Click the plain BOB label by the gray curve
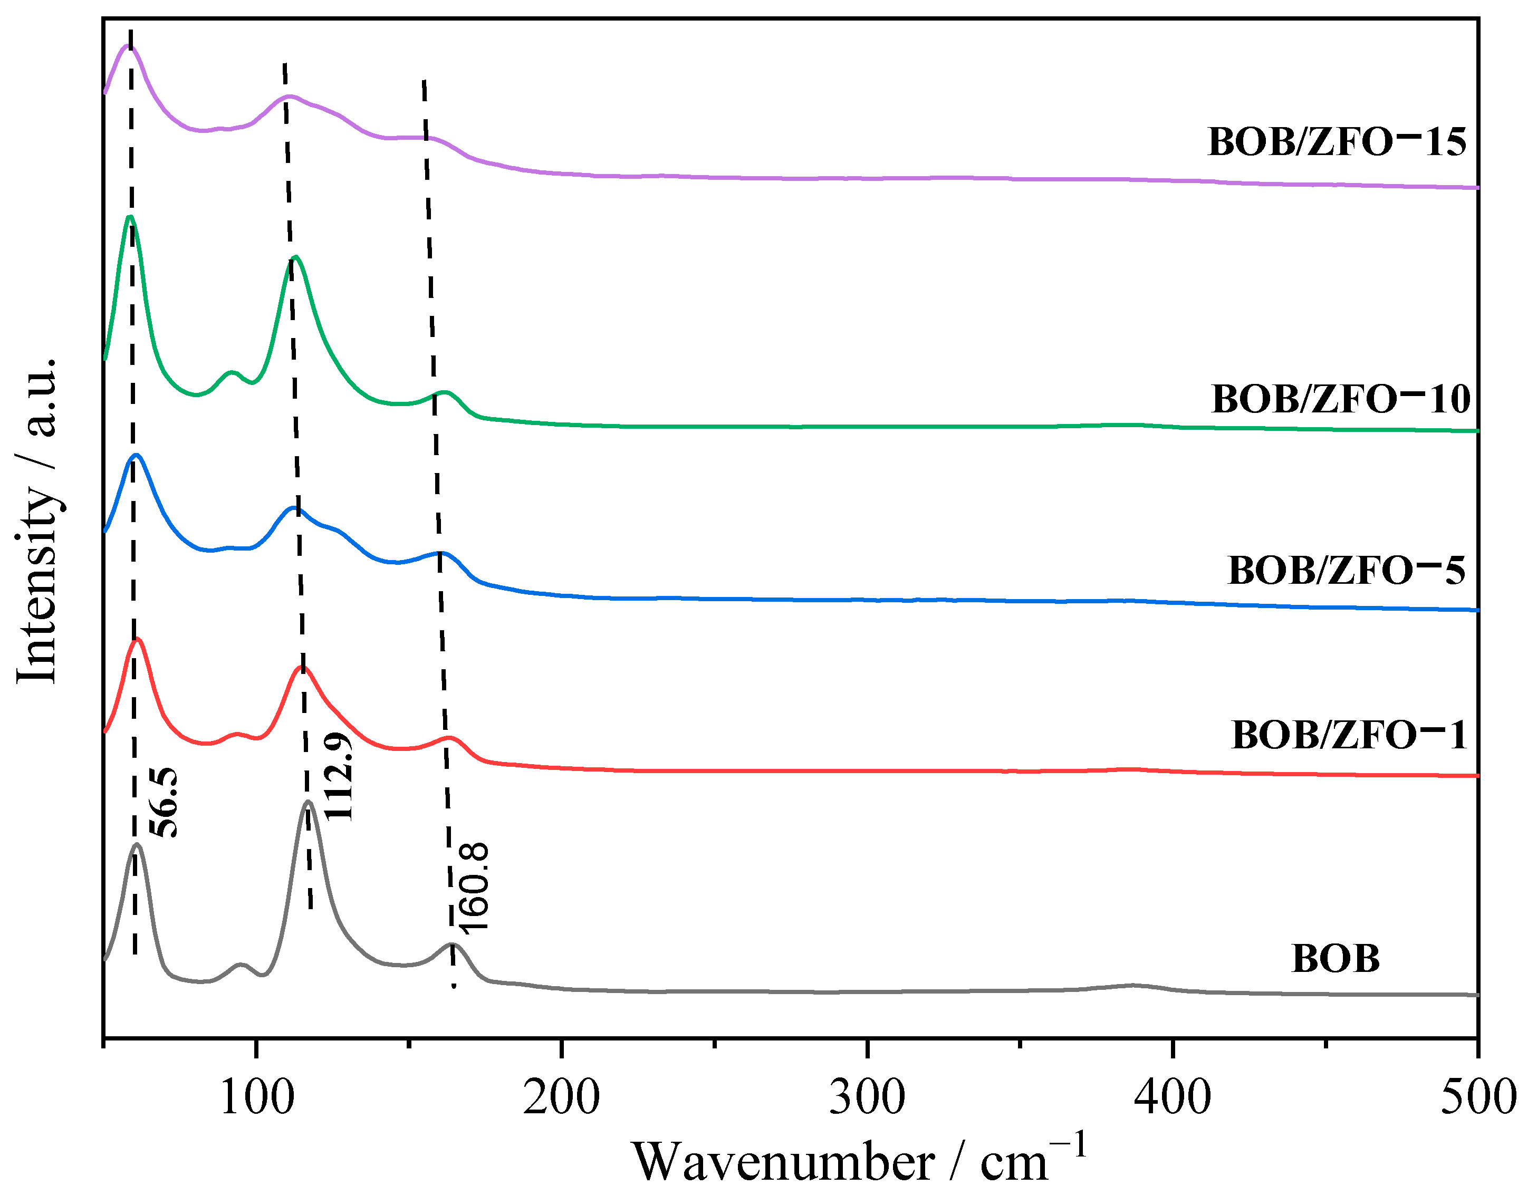point(1335,959)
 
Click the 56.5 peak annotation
point(166,803)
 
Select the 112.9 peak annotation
point(339,776)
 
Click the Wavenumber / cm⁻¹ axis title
point(859,1161)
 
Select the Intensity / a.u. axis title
point(36,521)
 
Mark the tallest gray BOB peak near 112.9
point(307,802)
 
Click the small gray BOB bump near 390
point(1133,985)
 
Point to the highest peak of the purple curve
point(128,46)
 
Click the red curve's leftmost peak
point(137,639)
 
